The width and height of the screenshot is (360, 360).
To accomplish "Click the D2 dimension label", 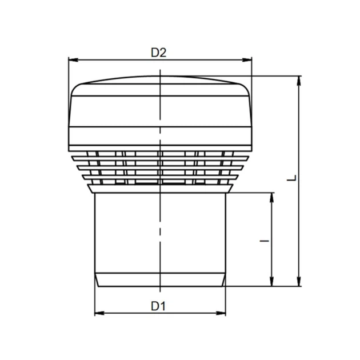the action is click(x=158, y=53).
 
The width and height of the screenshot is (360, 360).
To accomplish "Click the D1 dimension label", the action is click(x=158, y=306).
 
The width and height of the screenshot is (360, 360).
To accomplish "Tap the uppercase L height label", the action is click(x=292, y=178).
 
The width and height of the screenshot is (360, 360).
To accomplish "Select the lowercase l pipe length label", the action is click(x=264, y=241).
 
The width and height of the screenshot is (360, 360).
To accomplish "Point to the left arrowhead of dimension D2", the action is click(x=73, y=60).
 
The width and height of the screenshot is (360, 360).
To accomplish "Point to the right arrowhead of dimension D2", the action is click(x=247, y=60).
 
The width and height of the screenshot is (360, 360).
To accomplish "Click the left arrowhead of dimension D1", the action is click(x=99, y=313).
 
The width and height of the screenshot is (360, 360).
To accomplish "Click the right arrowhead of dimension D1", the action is click(x=221, y=313).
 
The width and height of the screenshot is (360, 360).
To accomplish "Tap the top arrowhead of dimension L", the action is click(x=299, y=81).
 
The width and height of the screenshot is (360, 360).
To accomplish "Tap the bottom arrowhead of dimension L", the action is click(x=299, y=282).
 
